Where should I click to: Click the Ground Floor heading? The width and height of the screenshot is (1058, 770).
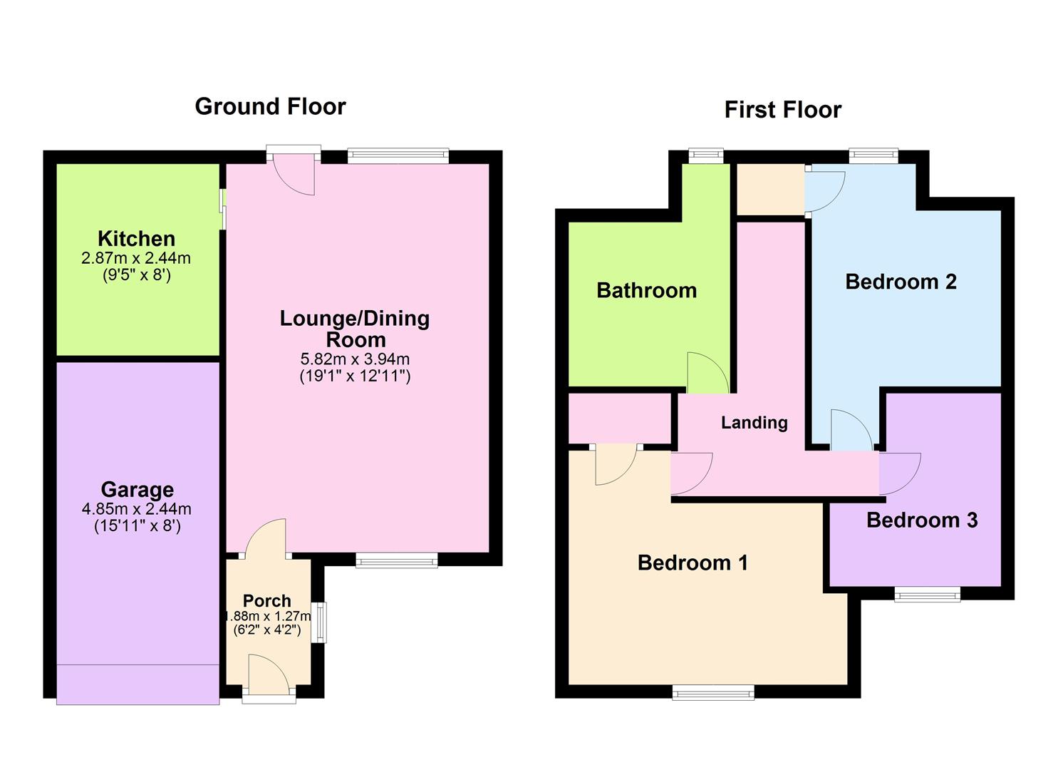coord(270,106)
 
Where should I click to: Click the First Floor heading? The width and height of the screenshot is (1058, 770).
coord(782,110)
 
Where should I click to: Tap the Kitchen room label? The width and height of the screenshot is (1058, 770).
coord(136,239)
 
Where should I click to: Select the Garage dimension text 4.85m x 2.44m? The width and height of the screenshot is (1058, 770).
coord(137,509)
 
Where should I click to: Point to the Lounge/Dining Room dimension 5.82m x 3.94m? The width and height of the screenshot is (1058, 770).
coord(355,359)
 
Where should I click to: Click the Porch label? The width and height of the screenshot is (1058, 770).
coord(267,600)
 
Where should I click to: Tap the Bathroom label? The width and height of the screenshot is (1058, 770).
coord(646,290)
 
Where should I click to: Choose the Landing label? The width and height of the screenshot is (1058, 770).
coord(754,423)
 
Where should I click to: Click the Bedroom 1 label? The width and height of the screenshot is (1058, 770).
coord(693,563)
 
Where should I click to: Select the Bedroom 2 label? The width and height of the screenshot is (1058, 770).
coord(901,282)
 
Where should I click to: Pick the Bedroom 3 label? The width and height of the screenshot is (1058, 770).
coord(921,520)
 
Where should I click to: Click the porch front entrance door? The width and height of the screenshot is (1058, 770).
coord(269,676)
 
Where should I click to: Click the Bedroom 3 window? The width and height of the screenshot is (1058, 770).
coord(927,594)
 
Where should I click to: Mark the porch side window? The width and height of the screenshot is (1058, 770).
coord(321,622)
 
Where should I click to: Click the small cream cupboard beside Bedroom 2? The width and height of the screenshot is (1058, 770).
coord(769,189)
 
